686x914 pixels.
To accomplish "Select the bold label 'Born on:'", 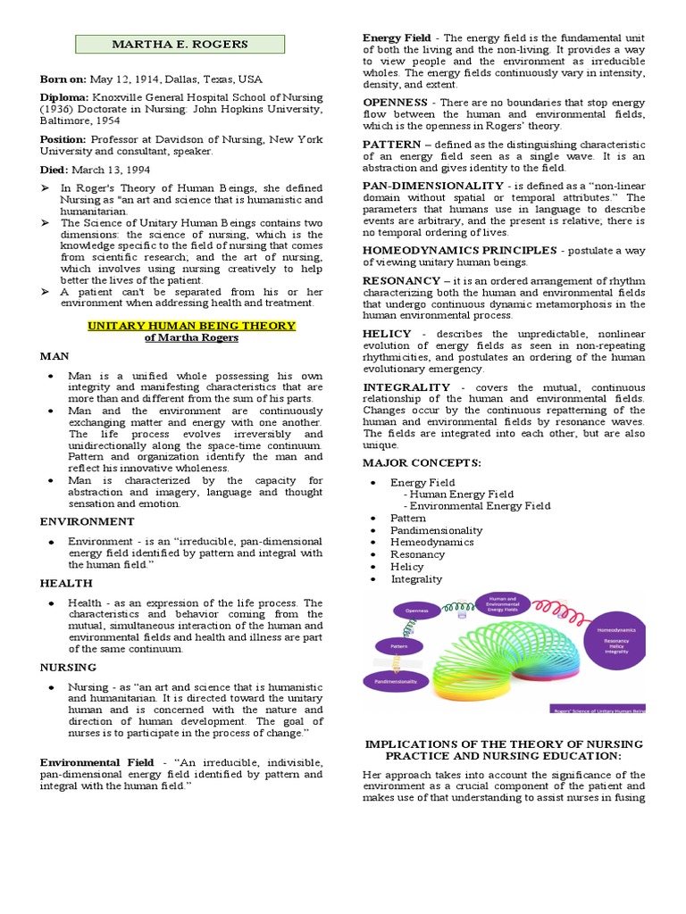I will [x=62, y=78].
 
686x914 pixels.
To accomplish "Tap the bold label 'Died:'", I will [x=54, y=170].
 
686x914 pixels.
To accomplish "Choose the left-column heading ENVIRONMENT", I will [x=88, y=521].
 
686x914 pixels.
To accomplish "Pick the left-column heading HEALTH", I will [x=66, y=583].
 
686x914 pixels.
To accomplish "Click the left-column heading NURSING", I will [x=69, y=667].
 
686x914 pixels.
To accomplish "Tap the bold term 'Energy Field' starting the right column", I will [x=397, y=37].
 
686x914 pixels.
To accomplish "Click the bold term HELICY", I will [x=387, y=334].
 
